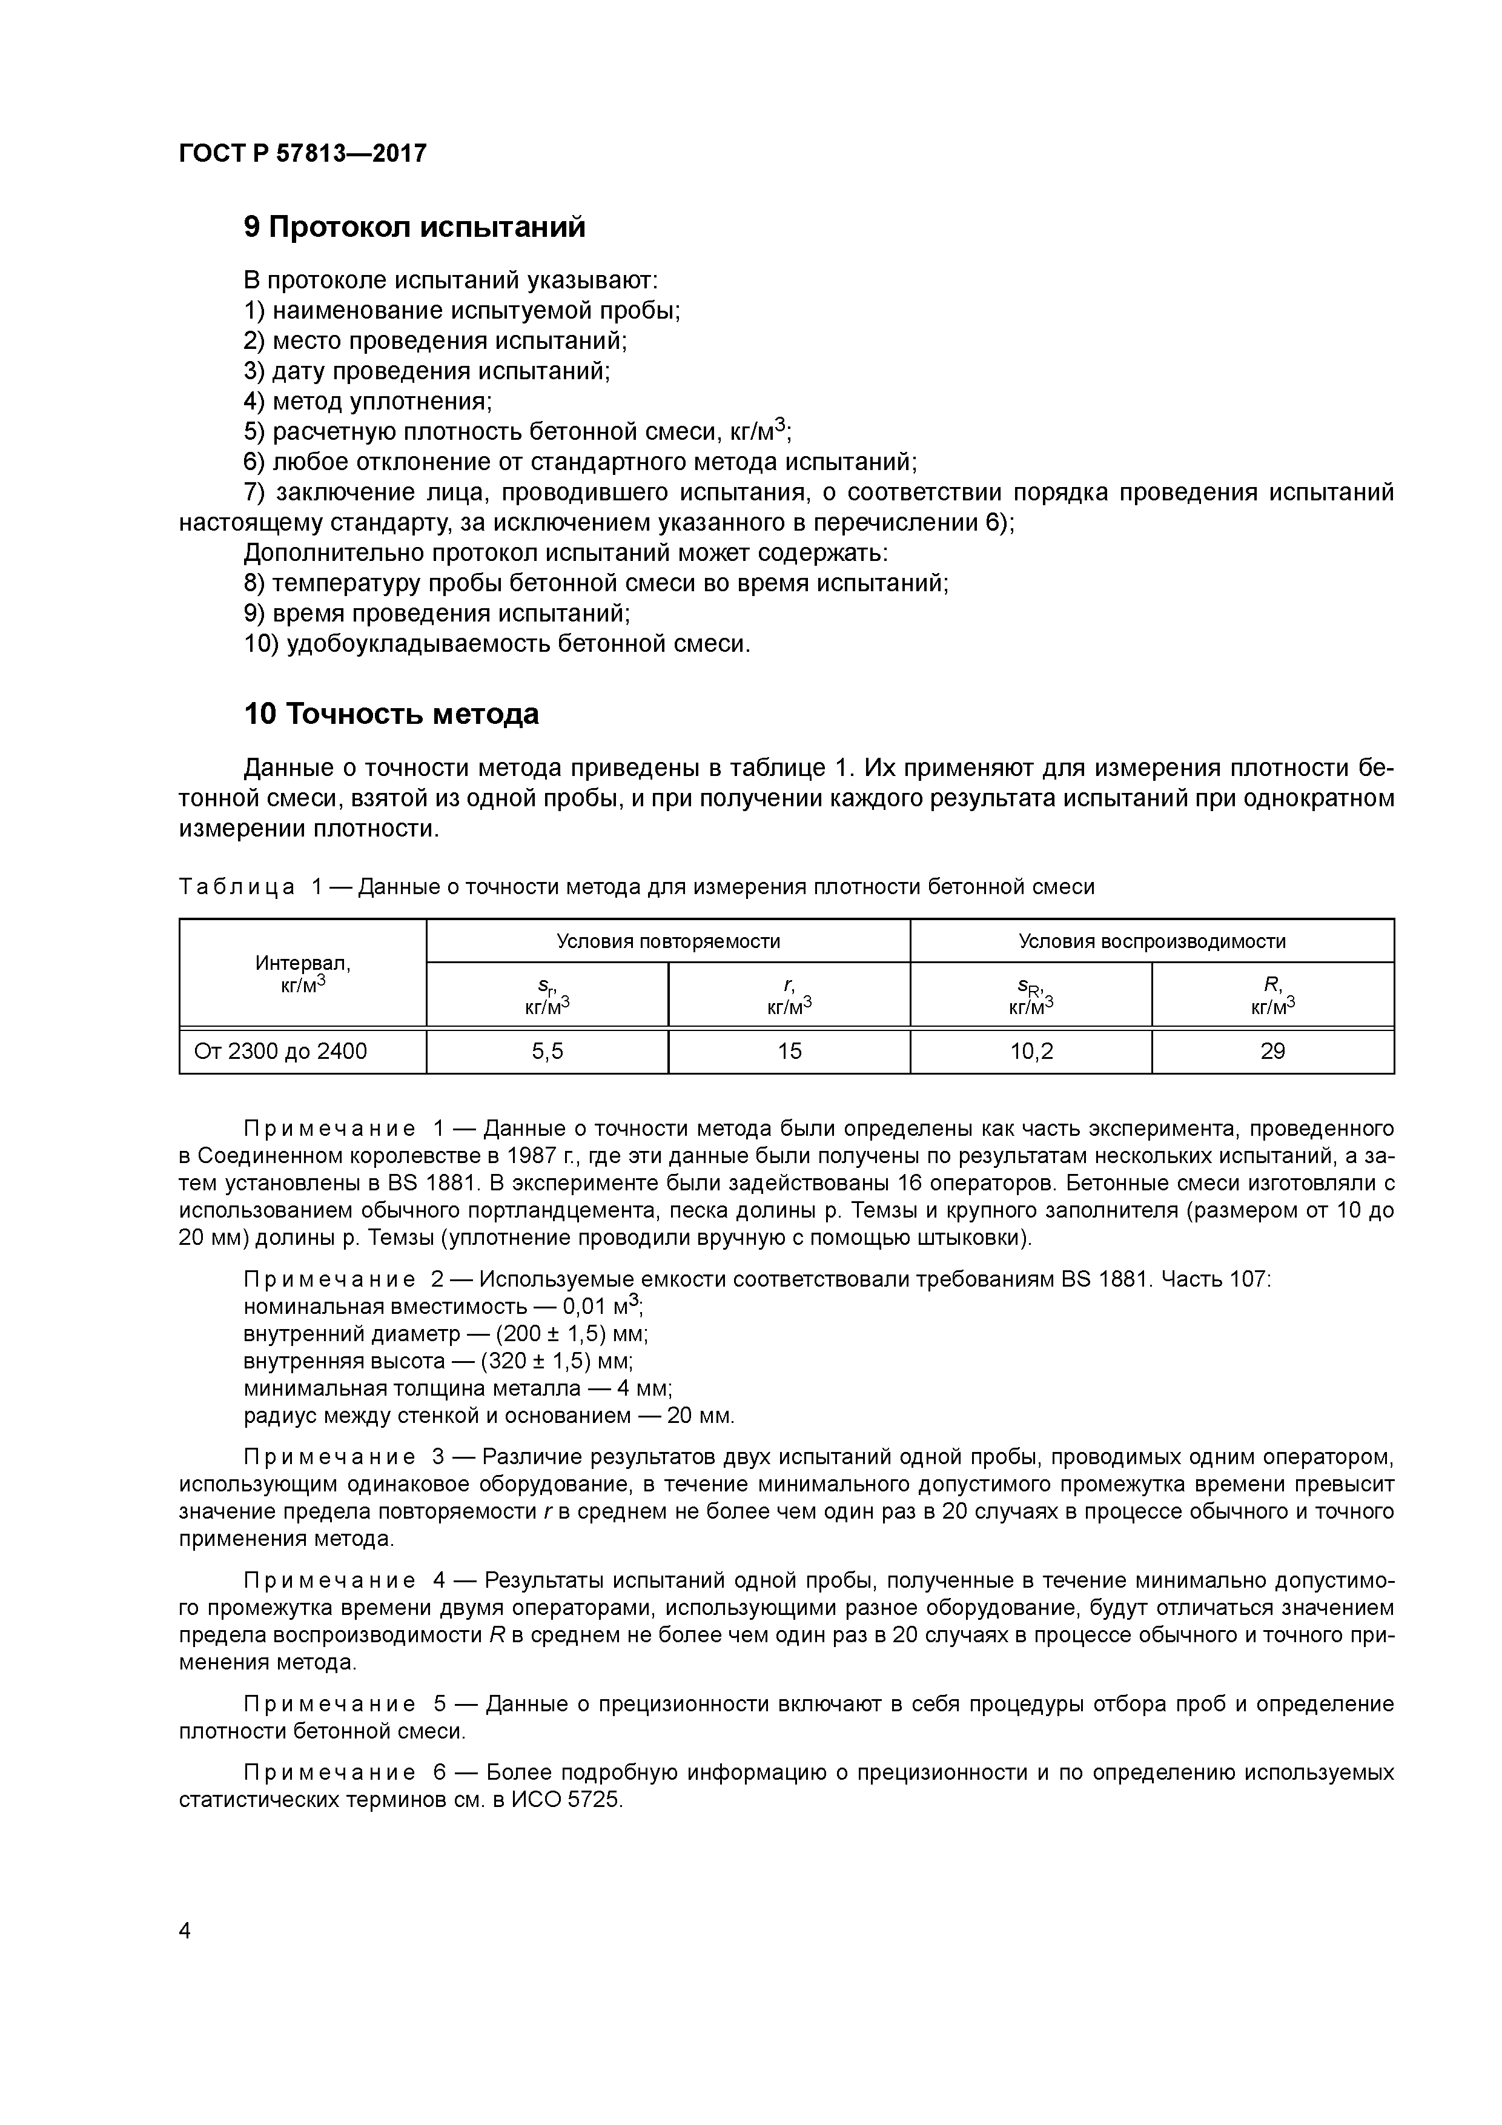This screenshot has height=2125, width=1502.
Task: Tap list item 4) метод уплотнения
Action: (368, 402)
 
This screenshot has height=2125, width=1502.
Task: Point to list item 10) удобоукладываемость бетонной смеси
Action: (497, 643)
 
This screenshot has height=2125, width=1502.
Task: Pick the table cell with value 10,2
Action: (1031, 1052)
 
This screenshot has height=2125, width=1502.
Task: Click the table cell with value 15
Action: (789, 1052)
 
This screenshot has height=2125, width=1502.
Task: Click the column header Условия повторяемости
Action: (668, 941)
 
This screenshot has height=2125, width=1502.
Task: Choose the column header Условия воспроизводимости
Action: (1152, 941)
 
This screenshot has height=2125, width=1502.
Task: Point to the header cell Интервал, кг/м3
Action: (303, 973)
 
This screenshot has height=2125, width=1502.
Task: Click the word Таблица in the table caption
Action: (237, 887)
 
